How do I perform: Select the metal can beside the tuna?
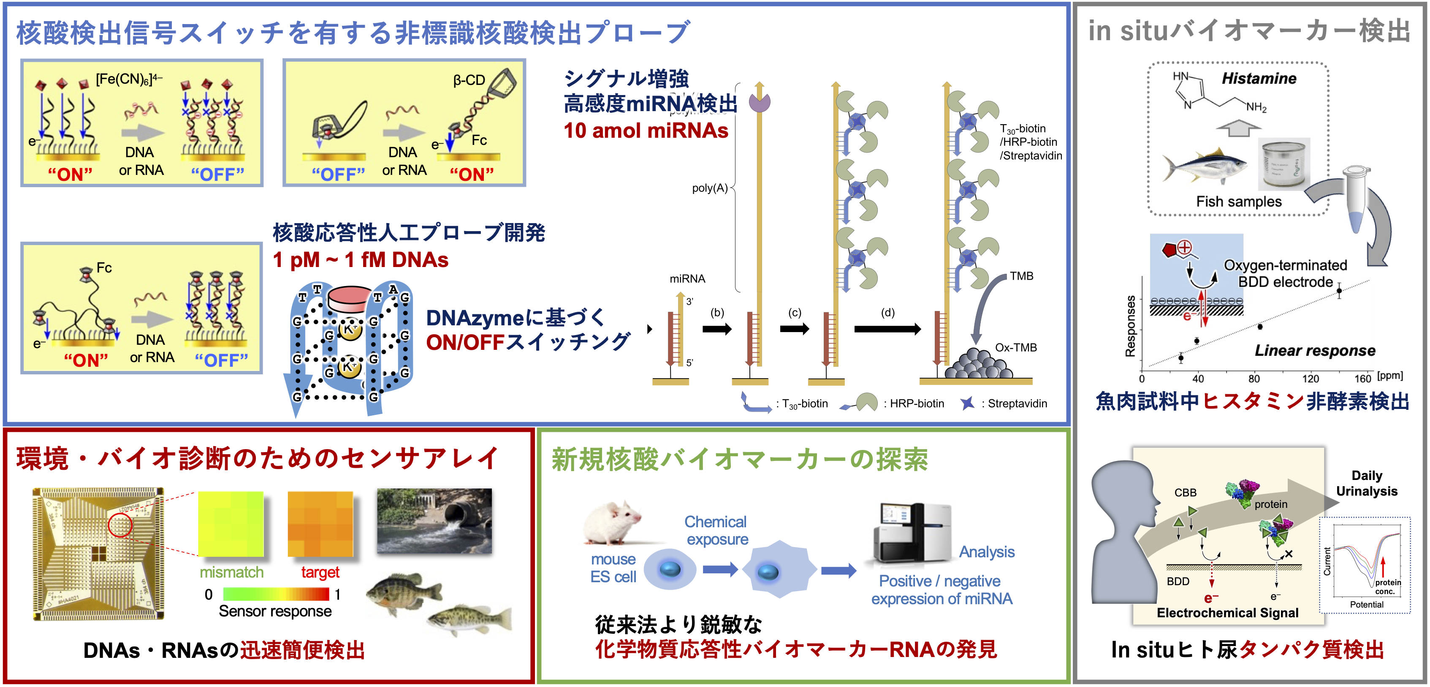pos(1283,164)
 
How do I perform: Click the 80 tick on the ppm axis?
pos(1254,379)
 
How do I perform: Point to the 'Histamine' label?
pos(1259,79)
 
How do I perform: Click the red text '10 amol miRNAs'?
pos(646,131)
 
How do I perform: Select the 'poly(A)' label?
pos(709,188)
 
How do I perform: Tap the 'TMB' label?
pos(1021,276)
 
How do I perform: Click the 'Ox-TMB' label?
pos(1015,348)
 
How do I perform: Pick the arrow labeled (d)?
pos(887,329)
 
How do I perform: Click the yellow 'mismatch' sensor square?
pos(231,524)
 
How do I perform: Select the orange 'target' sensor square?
pos(320,524)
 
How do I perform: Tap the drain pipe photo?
pos(434,521)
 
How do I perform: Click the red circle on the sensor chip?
pos(120,524)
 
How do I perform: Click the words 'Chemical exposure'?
pos(716,530)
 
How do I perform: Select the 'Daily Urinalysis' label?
pos(1366,483)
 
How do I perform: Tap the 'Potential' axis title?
pos(1366,604)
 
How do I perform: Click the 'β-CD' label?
pos(469,81)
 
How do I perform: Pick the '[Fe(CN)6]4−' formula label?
pos(129,79)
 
